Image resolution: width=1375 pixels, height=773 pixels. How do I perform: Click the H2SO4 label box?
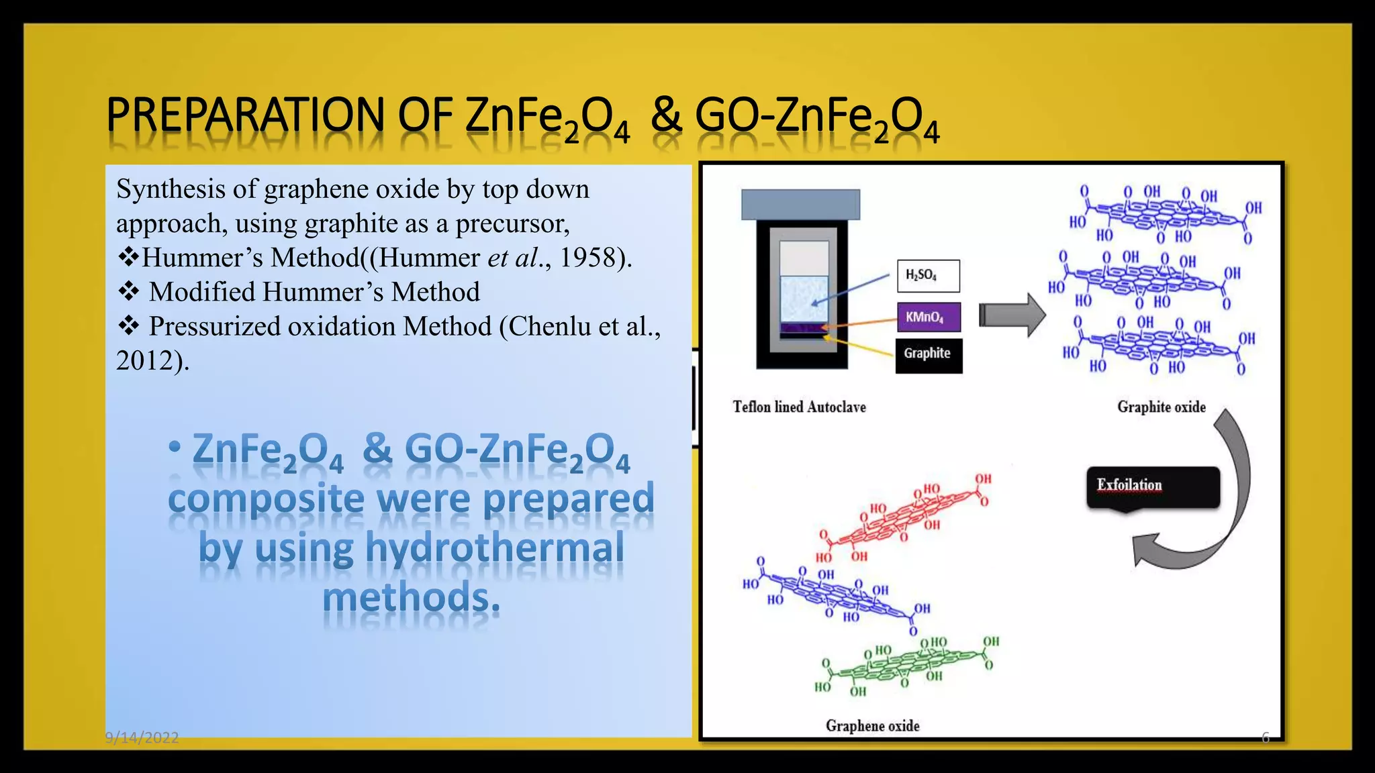click(x=928, y=276)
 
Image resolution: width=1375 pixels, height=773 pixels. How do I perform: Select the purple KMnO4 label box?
click(x=929, y=317)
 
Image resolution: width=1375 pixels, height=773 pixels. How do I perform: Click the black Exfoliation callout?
click(x=1152, y=486)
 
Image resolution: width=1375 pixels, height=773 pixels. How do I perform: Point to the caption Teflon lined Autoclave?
click(x=799, y=407)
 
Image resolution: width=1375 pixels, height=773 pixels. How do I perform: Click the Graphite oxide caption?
click(x=1161, y=407)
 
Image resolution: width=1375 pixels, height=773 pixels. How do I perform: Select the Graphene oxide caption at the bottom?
click(x=872, y=725)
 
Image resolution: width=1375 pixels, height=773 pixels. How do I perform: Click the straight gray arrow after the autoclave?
click(x=1011, y=315)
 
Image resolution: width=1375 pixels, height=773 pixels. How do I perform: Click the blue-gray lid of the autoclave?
click(x=800, y=204)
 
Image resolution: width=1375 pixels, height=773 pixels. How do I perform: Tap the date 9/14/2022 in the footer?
click(x=142, y=737)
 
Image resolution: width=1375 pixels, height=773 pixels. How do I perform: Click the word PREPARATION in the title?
click(x=245, y=115)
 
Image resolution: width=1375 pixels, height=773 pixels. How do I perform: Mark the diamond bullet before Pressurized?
click(x=128, y=326)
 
